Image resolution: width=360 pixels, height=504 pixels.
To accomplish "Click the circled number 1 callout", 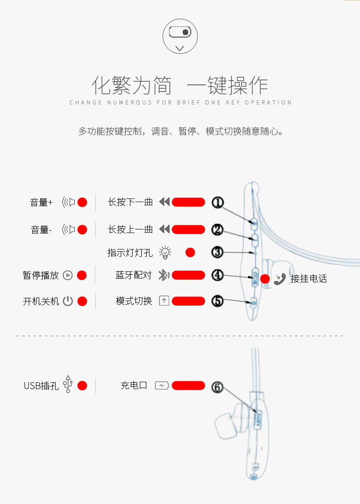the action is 217,203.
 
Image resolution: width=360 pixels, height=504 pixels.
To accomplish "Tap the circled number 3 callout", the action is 217,252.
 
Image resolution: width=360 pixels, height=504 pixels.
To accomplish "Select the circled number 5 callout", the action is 217,301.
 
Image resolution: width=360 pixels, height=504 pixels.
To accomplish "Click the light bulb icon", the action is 165,252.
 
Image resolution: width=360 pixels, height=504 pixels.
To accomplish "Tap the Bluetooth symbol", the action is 163,275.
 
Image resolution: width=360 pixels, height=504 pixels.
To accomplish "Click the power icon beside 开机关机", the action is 68,301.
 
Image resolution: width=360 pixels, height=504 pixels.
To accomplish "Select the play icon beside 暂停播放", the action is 68,275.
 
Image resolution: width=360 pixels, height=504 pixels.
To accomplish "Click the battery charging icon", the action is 161,386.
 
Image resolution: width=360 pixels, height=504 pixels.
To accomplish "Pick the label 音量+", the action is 41,203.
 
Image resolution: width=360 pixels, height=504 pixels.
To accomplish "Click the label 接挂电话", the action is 309,279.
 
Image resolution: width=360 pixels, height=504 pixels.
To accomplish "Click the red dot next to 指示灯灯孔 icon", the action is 190,252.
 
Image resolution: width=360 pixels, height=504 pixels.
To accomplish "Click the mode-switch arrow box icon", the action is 164,301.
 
